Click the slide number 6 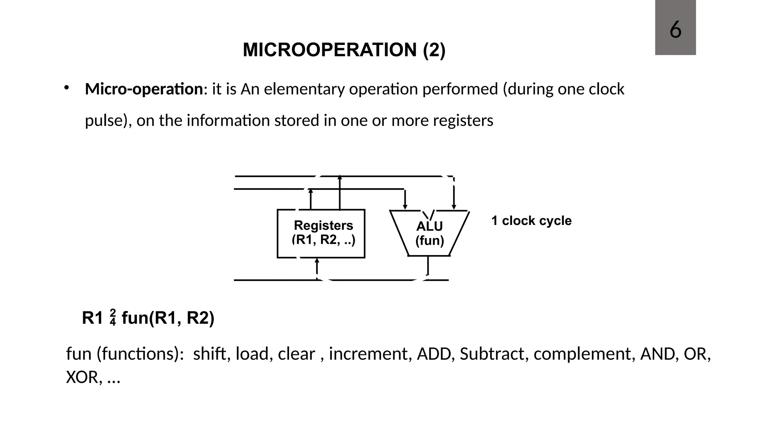click(675, 30)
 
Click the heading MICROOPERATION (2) click(344, 50)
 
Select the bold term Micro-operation click(144, 89)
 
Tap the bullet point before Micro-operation click(66, 88)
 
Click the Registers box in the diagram click(321, 234)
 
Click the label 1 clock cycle click(531, 221)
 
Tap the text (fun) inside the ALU click(429, 241)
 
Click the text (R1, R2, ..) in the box click(324, 240)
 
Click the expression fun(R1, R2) click(168, 318)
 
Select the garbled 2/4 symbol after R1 click(113, 317)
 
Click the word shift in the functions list click(210, 354)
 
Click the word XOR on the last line click(82, 378)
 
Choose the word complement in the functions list click(582, 354)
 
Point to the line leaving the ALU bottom click(428, 265)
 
